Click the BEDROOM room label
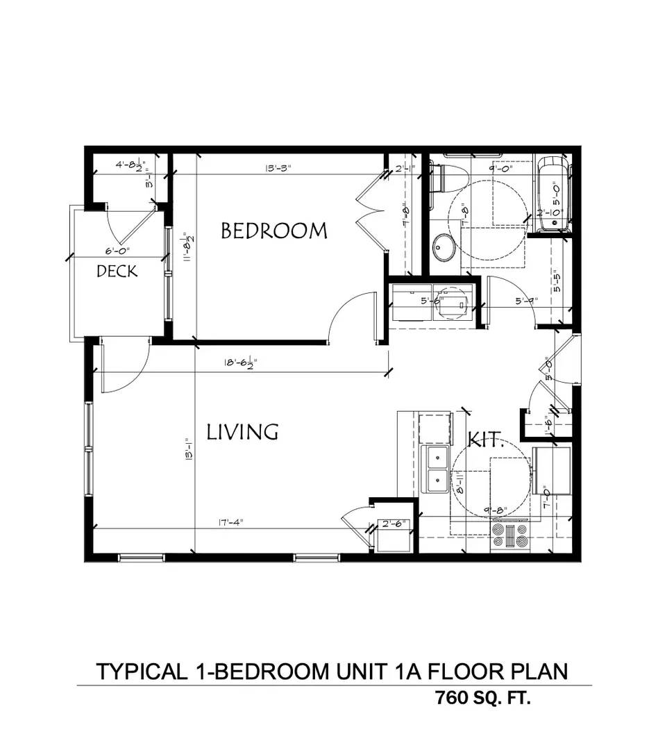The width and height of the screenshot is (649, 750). click(273, 231)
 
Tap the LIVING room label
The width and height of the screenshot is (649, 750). click(243, 432)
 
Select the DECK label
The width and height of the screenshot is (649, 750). click(117, 271)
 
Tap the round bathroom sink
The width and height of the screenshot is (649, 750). click(443, 247)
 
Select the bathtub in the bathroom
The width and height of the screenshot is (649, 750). click(553, 195)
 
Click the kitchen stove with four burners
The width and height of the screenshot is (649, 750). click(510, 536)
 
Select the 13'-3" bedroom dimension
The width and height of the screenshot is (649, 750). click(277, 167)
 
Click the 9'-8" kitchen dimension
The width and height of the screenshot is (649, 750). click(496, 511)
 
